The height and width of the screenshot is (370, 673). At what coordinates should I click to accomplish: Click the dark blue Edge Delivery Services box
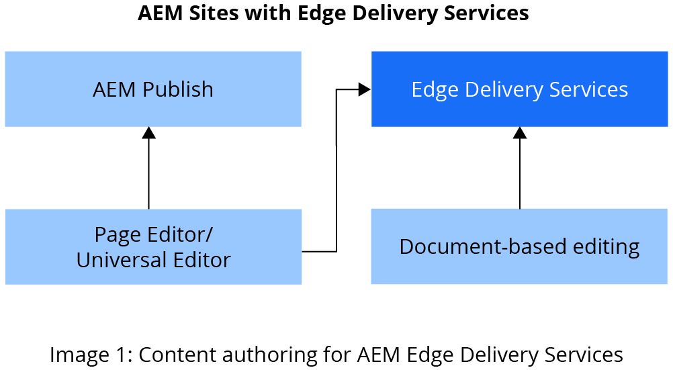coord(519,89)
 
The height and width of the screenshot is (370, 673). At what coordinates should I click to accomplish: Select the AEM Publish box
coord(153,89)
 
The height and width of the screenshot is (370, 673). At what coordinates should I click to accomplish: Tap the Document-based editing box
coord(519,246)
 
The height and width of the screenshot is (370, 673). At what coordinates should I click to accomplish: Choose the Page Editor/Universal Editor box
coord(153,246)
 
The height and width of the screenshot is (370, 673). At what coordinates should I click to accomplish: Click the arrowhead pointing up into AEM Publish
coord(149,133)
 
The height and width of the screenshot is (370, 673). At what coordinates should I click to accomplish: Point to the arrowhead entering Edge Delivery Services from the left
coord(365,89)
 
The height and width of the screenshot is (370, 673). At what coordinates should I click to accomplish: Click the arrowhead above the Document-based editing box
coord(519,133)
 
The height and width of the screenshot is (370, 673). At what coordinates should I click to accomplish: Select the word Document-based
coord(476,246)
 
